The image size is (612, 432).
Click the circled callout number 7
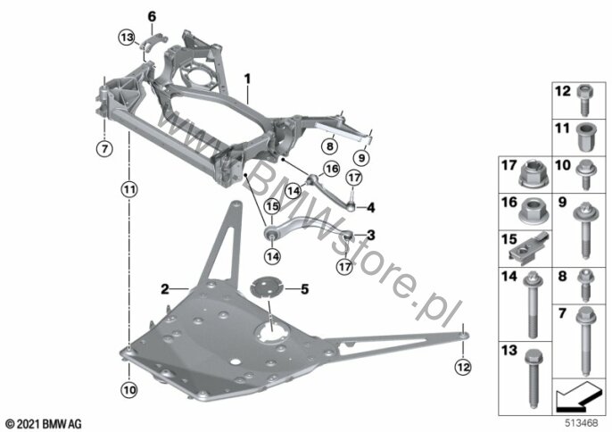(104, 148)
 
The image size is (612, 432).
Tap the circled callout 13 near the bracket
(127, 37)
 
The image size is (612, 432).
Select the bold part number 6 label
(152, 16)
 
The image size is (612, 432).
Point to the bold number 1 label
(247, 79)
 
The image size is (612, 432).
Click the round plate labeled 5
(267, 287)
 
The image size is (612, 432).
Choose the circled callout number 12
(463, 367)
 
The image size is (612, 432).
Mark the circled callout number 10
(129, 389)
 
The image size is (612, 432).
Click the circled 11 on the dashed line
(129, 190)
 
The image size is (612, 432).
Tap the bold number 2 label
(165, 289)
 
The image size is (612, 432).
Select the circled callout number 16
(331, 169)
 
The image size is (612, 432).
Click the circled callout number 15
(272, 206)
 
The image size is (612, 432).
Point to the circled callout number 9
(361, 158)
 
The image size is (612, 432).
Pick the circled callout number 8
(330, 146)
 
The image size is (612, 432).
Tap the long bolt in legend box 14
(533, 305)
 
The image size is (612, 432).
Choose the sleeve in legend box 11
(584, 137)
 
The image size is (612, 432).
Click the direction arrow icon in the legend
(579, 396)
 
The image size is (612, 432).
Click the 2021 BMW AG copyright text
(44, 423)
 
